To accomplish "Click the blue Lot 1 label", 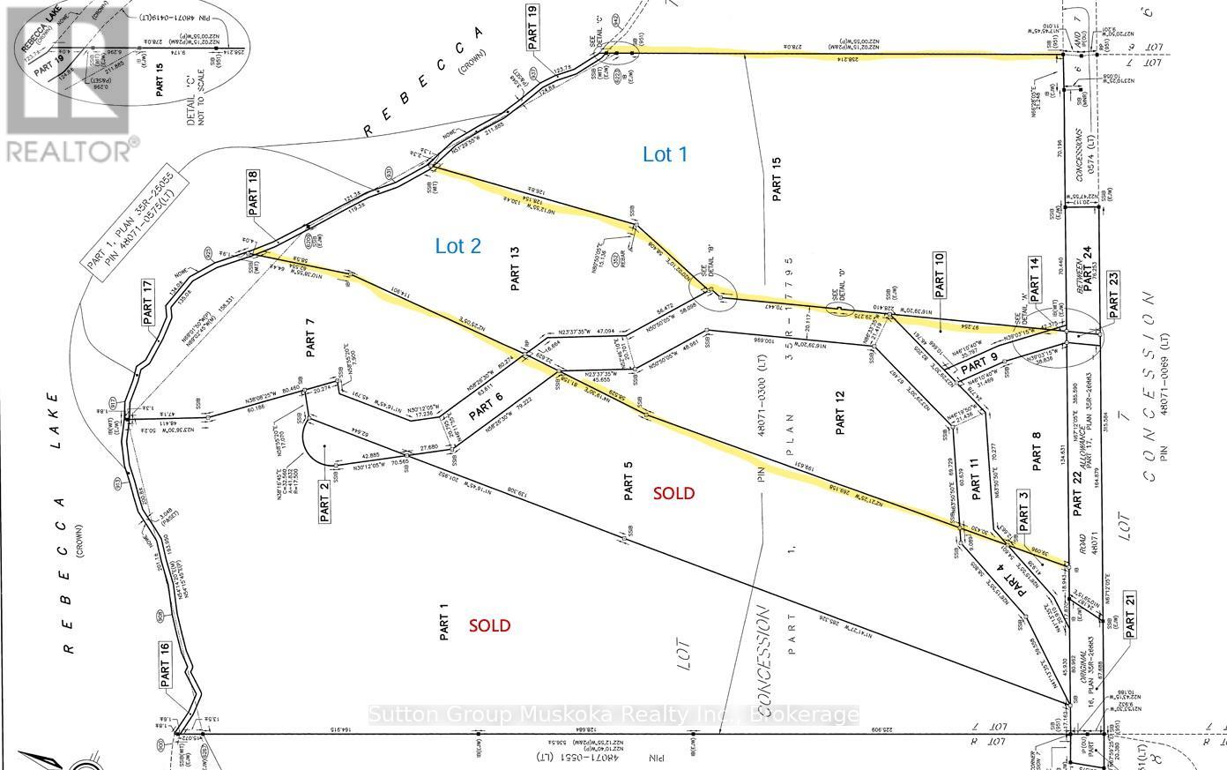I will coord(665,154).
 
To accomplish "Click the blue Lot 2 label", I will coord(458,246).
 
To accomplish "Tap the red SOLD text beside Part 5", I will coord(673,493).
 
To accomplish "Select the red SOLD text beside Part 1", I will coord(489,625).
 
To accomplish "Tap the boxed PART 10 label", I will coord(940,273).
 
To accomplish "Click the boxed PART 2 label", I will coord(324,502).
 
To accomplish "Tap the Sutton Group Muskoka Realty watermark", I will coord(613,714).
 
